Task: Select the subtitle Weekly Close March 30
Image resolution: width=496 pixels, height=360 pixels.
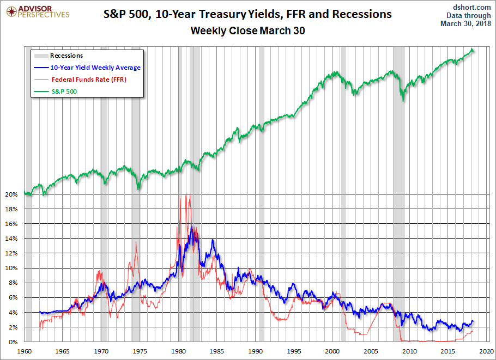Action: tap(247, 31)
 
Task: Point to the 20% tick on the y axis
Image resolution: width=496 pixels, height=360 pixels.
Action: tap(12, 194)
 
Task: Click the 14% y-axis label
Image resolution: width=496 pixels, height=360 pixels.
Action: tap(12, 239)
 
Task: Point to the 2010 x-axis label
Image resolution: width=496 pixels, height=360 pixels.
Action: tap(409, 351)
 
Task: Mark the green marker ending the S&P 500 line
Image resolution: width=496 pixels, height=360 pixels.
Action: tap(473, 50)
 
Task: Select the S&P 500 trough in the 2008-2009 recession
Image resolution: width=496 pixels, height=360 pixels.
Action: tap(403, 100)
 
